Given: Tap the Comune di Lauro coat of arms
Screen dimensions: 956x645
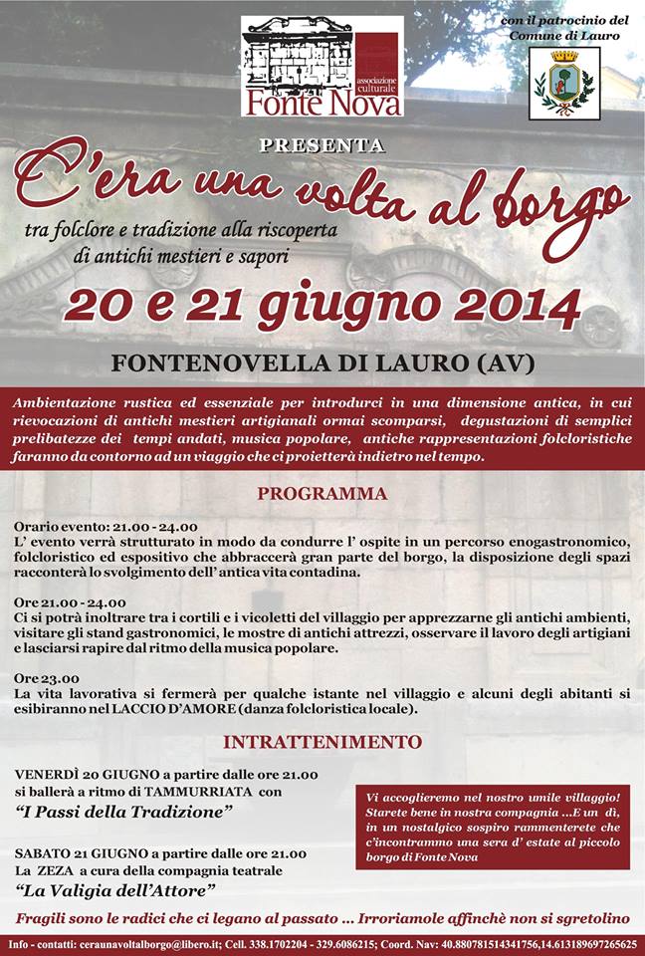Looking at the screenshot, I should point(563,83).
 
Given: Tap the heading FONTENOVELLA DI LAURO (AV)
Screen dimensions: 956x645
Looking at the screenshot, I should point(322,363).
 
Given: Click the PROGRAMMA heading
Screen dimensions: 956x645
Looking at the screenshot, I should point(322,494).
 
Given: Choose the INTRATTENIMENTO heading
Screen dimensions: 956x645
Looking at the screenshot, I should point(322,742).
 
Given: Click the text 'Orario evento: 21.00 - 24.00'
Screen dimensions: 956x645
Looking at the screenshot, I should point(106,527).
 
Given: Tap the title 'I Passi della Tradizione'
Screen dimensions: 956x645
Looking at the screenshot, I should point(124,813).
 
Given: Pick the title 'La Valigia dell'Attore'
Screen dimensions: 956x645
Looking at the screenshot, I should point(116,889).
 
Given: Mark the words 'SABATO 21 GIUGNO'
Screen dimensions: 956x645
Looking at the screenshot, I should point(78,853).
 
